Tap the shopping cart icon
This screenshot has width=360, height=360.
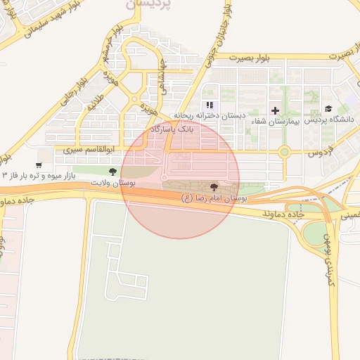click(38, 165)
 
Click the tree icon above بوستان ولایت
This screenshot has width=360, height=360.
click(112, 172)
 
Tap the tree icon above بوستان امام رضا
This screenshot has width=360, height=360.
click(214, 187)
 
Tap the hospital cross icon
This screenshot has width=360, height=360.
click(275, 110)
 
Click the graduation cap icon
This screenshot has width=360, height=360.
click(328, 108)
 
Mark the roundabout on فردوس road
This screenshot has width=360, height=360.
click(284, 151)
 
